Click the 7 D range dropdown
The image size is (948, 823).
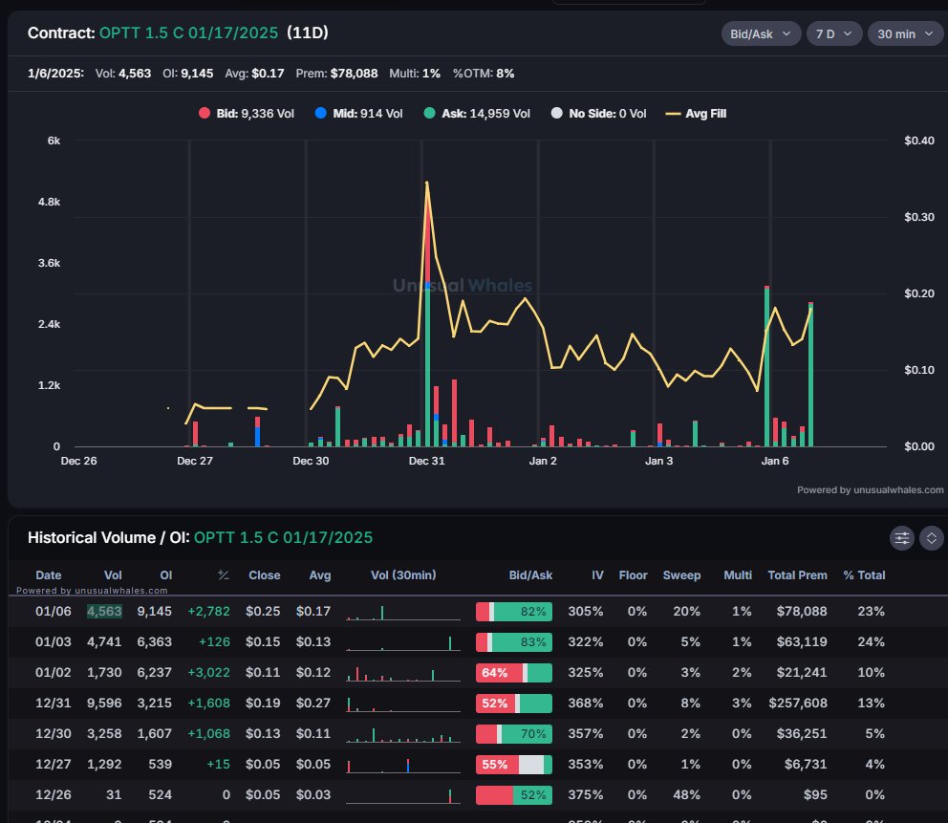pos(833,33)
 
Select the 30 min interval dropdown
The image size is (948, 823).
pos(903,33)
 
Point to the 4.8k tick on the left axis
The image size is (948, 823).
pos(48,203)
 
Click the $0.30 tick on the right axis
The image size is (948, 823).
pos(918,217)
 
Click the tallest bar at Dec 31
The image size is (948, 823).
pos(426,363)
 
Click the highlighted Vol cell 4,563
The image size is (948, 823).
pos(105,611)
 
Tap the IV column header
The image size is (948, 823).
pos(597,575)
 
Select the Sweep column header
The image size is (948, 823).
pos(682,575)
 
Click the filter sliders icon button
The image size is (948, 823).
pos(902,538)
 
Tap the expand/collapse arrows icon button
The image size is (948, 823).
pos(932,538)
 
